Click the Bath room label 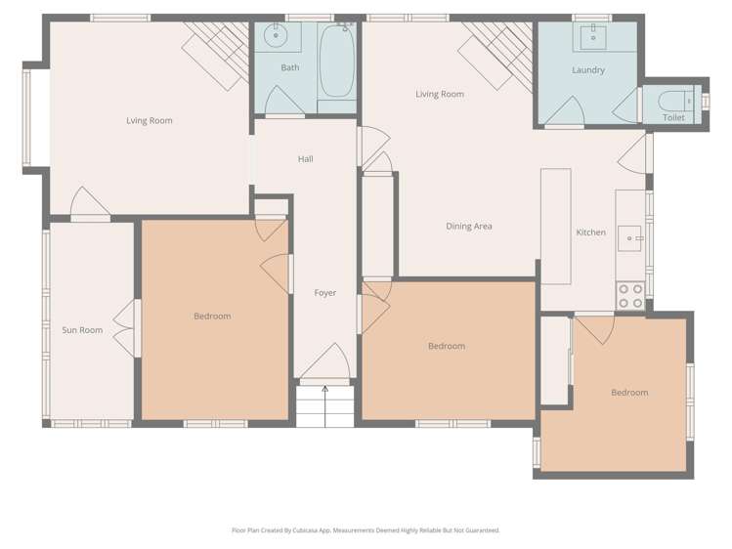pyautogui.click(x=290, y=67)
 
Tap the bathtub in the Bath pyautogui.click(x=336, y=61)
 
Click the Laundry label pyautogui.click(x=588, y=70)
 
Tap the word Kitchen pyautogui.click(x=590, y=232)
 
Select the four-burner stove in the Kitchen pyautogui.click(x=630, y=296)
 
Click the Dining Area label pyautogui.click(x=469, y=227)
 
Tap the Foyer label pyautogui.click(x=325, y=293)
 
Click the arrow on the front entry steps pyautogui.click(x=325, y=393)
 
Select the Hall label pyautogui.click(x=305, y=159)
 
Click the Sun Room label pyautogui.click(x=82, y=330)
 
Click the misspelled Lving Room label pyautogui.click(x=150, y=121)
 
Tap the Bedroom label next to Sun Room pyautogui.click(x=212, y=317)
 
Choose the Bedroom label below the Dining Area pyautogui.click(x=447, y=346)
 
